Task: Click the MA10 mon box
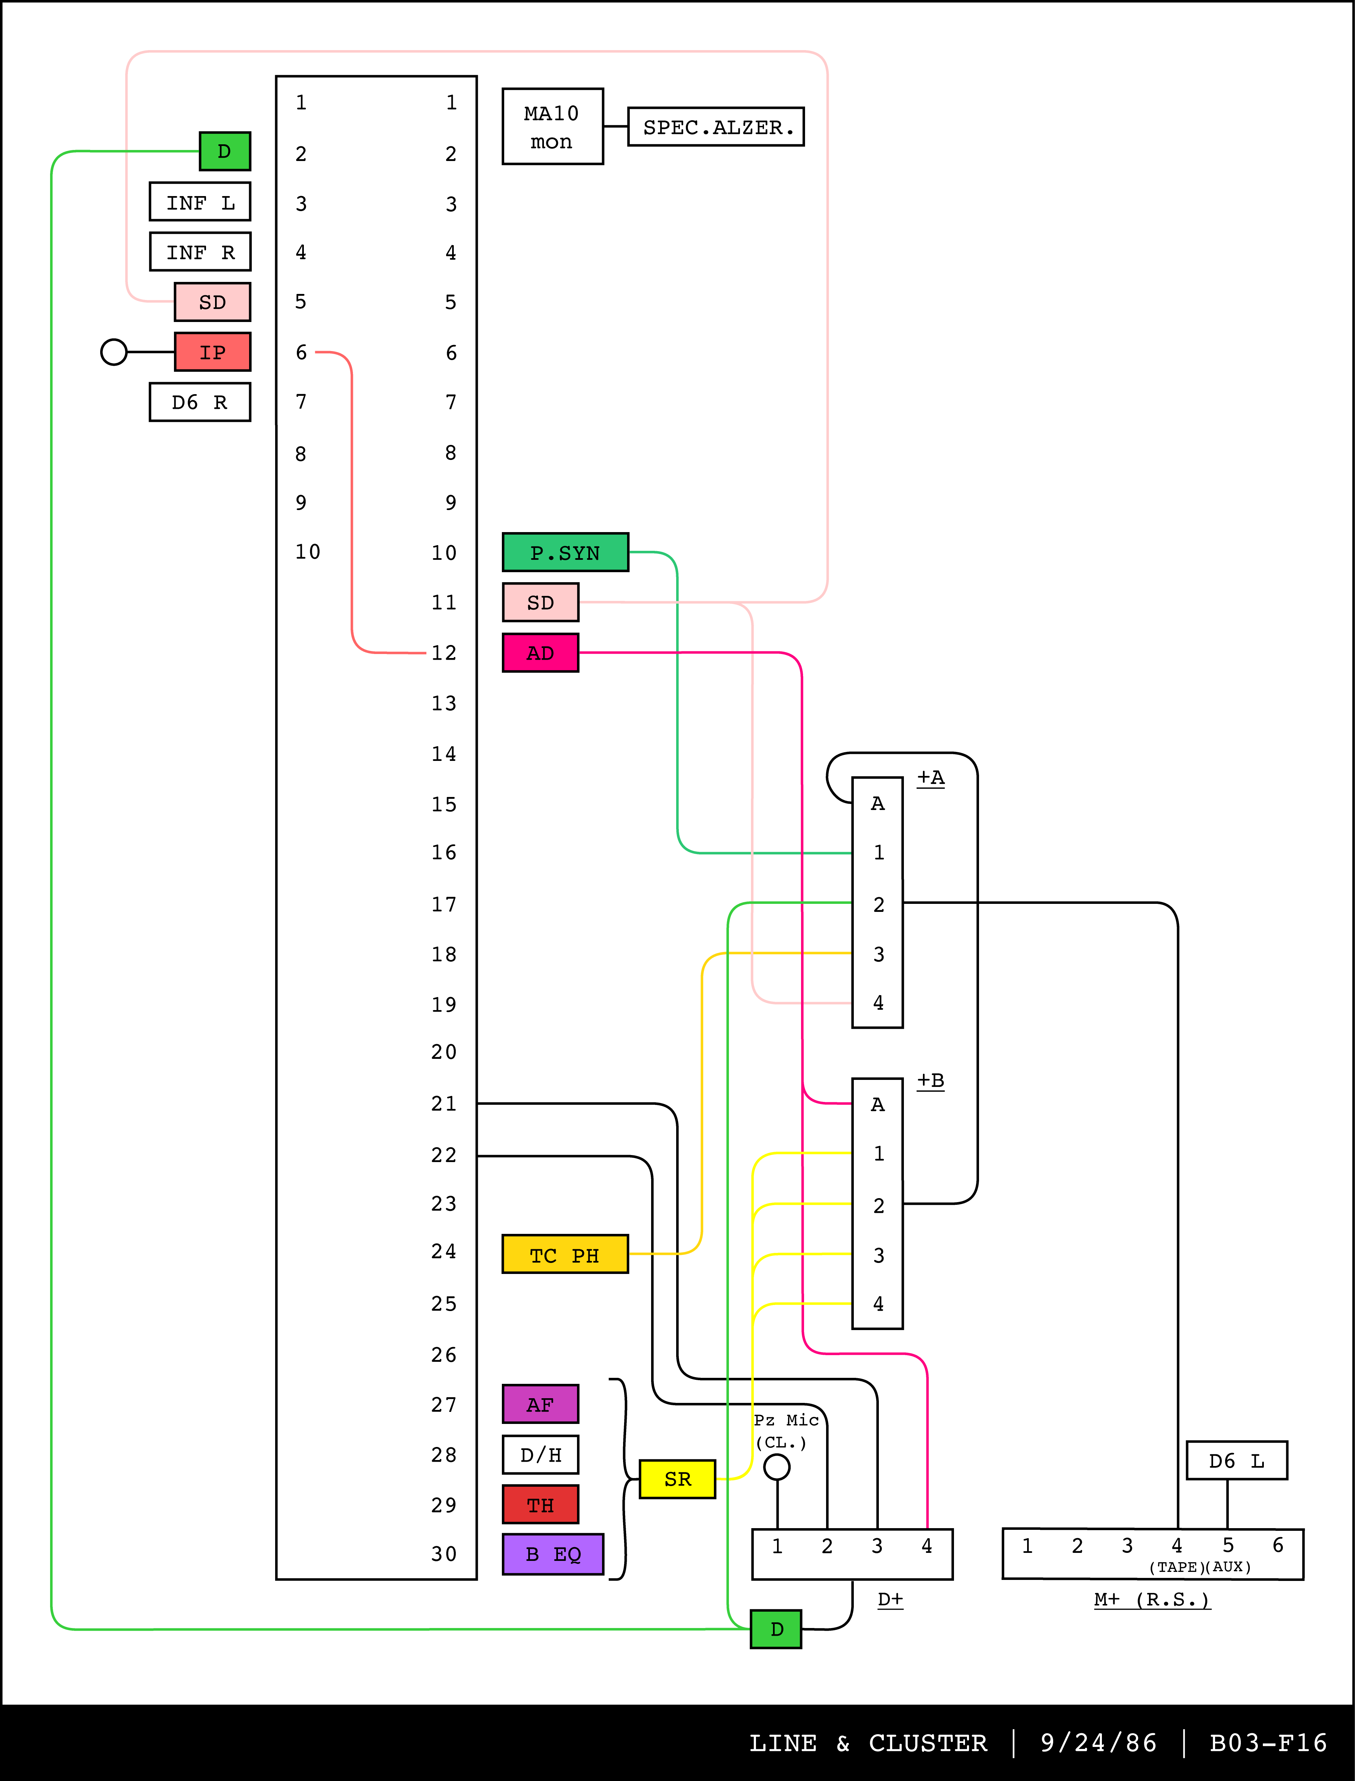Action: (553, 127)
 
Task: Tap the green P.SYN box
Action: (565, 552)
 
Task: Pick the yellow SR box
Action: (677, 1478)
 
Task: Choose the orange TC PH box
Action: (565, 1254)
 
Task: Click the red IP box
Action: (212, 352)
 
